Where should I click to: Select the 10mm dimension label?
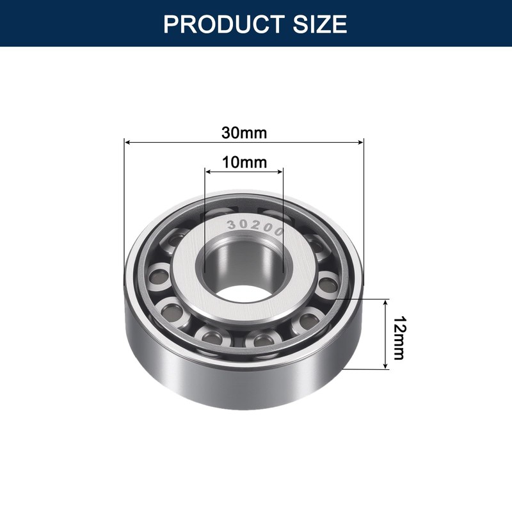244,162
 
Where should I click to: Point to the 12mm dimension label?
399,337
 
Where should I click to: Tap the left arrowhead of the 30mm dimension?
127,141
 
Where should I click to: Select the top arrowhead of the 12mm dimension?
385,302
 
